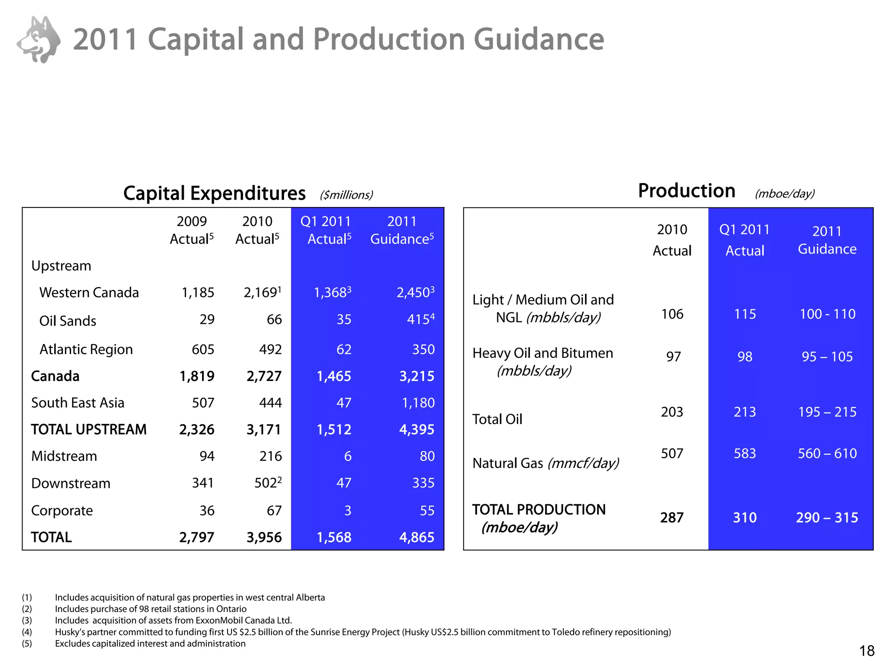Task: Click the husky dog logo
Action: click(x=39, y=39)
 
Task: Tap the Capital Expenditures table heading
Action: click(x=214, y=194)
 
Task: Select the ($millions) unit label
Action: click(x=346, y=195)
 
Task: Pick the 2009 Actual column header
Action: click(x=192, y=230)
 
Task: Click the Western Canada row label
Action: click(x=89, y=292)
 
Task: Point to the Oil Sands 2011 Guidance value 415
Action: click(x=418, y=320)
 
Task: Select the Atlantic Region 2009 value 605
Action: click(x=203, y=349)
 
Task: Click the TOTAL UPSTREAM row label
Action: click(x=89, y=429)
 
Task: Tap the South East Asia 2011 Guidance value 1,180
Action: click(x=418, y=403)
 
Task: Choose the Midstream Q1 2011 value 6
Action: click(x=347, y=456)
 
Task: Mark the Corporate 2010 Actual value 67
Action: click(x=274, y=510)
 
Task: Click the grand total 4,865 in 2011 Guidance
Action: click(x=416, y=537)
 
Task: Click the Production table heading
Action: click(x=686, y=191)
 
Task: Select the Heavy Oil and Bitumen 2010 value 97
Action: click(x=673, y=357)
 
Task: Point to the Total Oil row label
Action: click(x=497, y=419)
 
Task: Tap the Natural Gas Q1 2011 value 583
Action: click(x=744, y=453)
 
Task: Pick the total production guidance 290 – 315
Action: click(x=827, y=518)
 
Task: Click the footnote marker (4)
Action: click(x=27, y=632)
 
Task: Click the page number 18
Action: click(x=867, y=651)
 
